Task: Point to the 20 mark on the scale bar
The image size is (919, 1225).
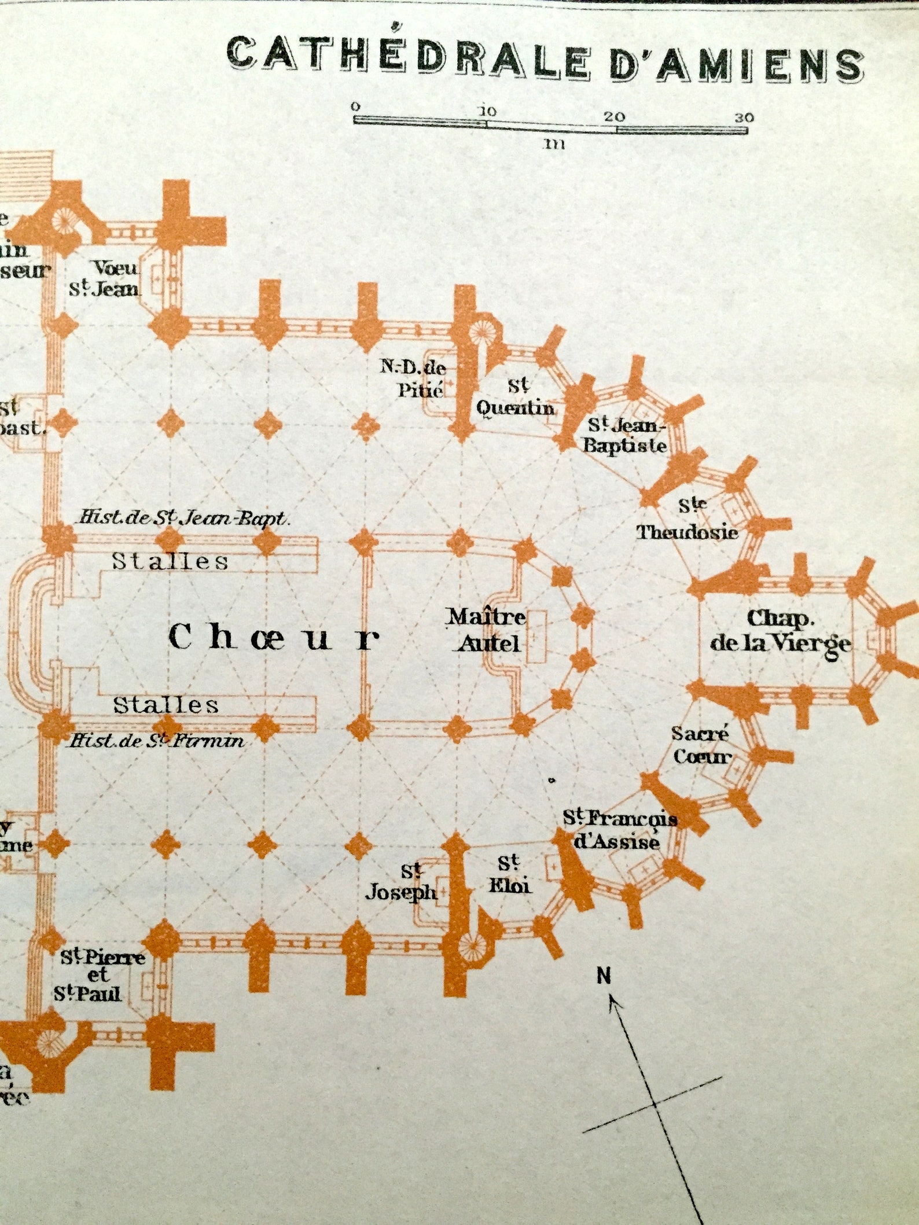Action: pyautogui.click(x=615, y=116)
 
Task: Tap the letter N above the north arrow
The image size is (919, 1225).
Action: pyautogui.click(x=604, y=976)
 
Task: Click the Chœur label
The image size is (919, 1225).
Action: pyautogui.click(x=274, y=638)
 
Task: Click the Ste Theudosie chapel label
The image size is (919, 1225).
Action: pyautogui.click(x=688, y=519)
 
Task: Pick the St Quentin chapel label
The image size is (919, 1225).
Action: pyautogui.click(x=515, y=397)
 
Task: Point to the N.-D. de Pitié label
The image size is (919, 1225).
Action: pyautogui.click(x=413, y=378)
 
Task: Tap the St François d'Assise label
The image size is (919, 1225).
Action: pyautogui.click(x=619, y=829)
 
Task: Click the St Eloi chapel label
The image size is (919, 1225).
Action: pyautogui.click(x=509, y=874)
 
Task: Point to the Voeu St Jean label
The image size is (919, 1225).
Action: pyautogui.click(x=105, y=278)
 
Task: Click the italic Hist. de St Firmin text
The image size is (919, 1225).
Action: pyautogui.click(x=156, y=741)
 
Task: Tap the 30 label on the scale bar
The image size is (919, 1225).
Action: pyautogui.click(x=744, y=117)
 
